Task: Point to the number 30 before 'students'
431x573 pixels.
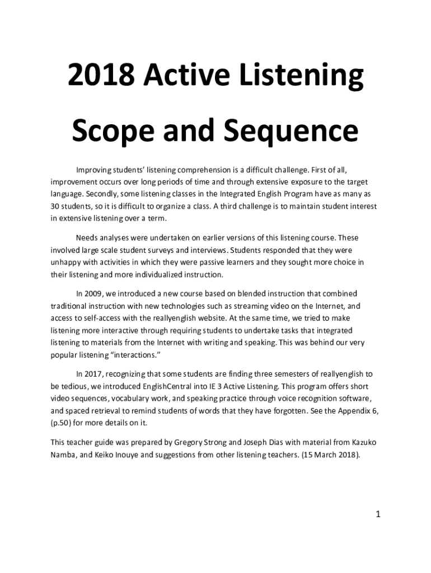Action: [55, 206]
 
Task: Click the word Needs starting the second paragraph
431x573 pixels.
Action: [87, 238]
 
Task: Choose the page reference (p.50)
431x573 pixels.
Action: [62, 423]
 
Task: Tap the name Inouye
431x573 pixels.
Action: [120, 455]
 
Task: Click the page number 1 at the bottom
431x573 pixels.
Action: [378, 514]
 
